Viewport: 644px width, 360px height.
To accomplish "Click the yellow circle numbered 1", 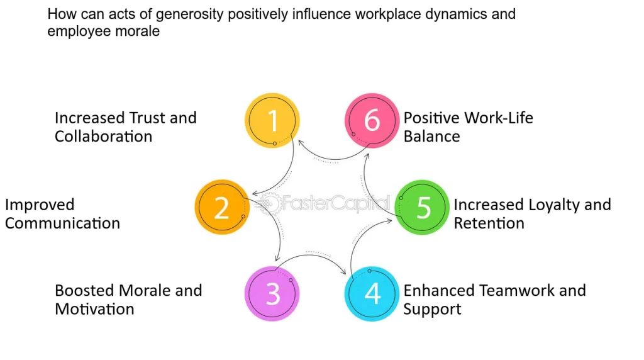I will (272, 121).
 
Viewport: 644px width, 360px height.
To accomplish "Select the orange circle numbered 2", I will (222, 208).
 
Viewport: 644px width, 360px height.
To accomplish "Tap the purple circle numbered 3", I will (272, 294).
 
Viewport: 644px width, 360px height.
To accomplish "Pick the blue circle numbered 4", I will (372, 294).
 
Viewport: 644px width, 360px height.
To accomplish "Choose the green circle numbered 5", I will (423, 208).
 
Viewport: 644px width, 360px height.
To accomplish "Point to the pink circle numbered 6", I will (372, 121).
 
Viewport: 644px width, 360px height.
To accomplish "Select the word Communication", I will (62, 223).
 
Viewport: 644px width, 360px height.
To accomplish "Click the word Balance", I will (431, 137).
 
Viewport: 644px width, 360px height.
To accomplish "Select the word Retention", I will (489, 223).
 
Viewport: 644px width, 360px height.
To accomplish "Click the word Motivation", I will (94, 309).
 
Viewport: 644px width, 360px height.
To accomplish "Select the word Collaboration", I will (103, 137).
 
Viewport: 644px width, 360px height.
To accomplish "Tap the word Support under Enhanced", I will (432, 309).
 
